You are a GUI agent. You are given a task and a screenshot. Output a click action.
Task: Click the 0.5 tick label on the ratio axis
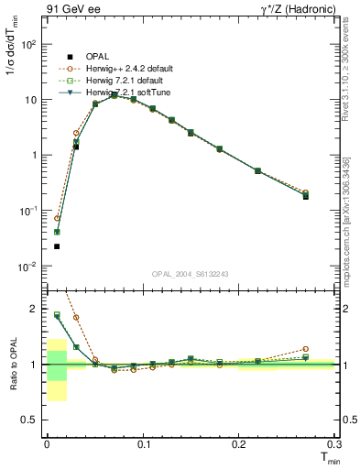tap(29, 420)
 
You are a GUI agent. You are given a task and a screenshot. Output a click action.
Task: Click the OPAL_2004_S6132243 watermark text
tap(190, 273)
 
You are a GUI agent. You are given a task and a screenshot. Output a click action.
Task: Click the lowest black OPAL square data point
tap(57, 246)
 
